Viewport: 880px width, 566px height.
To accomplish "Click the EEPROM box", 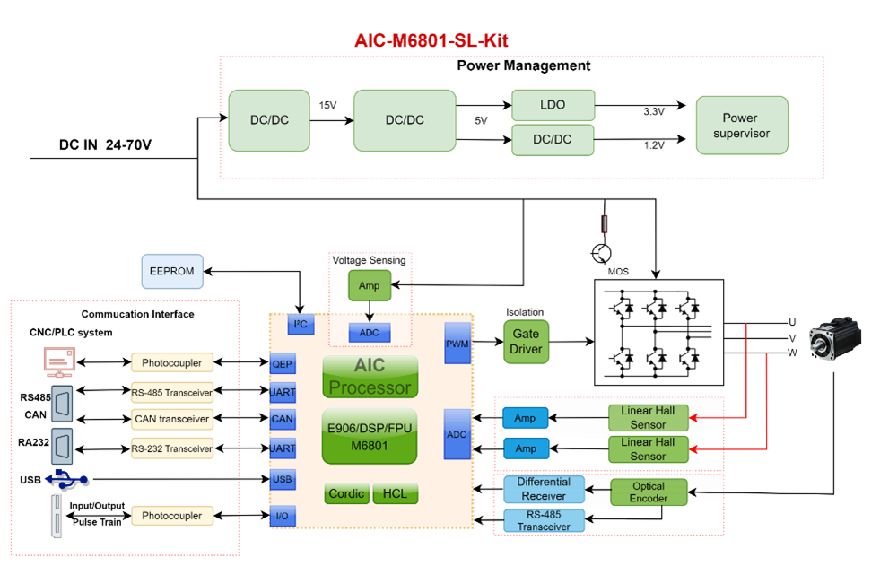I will [x=172, y=271].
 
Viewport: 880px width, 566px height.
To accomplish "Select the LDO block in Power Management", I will [x=553, y=105].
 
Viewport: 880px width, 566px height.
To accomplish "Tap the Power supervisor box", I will [x=741, y=126].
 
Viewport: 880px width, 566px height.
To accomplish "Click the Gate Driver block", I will [x=527, y=341].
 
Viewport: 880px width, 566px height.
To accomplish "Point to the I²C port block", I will [x=303, y=325].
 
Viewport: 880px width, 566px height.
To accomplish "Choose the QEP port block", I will [x=283, y=365].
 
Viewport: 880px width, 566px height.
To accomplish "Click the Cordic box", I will [x=347, y=493].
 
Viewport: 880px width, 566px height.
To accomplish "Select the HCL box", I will [x=395, y=493].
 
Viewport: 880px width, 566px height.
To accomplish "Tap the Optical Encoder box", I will [x=649, y=492].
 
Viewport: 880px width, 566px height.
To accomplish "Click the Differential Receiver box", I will [x=544, y=489].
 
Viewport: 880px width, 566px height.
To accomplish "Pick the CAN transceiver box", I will [x=172, y=419].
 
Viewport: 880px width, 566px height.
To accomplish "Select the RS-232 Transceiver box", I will [x=172, y=448].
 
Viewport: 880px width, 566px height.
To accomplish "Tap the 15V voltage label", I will [x=327, y=106].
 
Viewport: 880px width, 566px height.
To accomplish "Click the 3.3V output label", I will [x=654, y=112].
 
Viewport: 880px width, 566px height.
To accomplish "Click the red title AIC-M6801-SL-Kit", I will [x=431, y=41].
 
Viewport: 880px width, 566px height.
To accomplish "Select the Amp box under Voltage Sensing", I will [x=370, y=286].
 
